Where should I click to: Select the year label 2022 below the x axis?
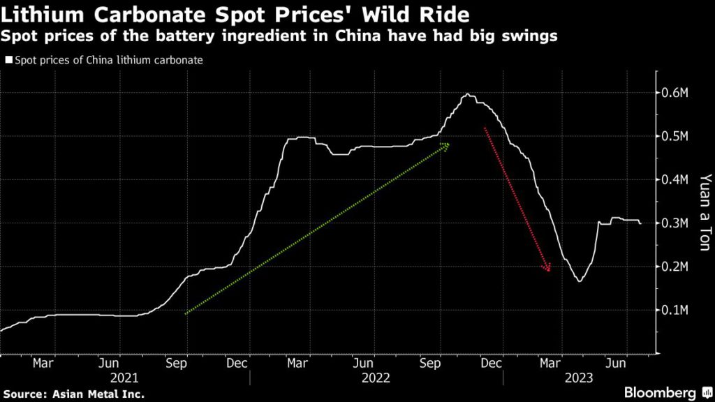coord(375,378)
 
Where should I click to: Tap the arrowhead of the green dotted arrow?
coord(446,145)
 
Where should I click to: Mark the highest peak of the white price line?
coord(468,94)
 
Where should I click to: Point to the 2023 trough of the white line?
coord(579,281)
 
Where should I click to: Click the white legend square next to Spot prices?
coord(8,61)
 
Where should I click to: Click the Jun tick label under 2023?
coord(615,363)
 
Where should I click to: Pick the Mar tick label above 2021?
coord(43,363)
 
